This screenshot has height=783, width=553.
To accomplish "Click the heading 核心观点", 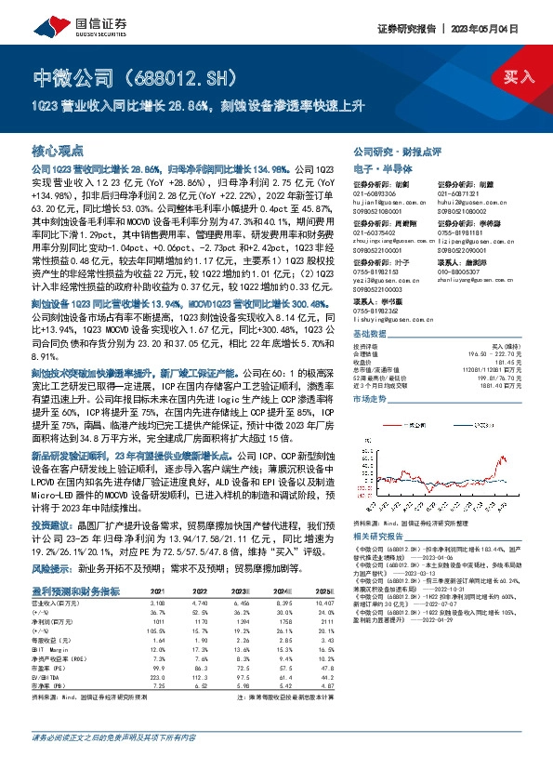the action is click(x=59, y=150).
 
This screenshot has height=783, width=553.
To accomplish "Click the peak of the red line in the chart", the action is click(x=502, y=458).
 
